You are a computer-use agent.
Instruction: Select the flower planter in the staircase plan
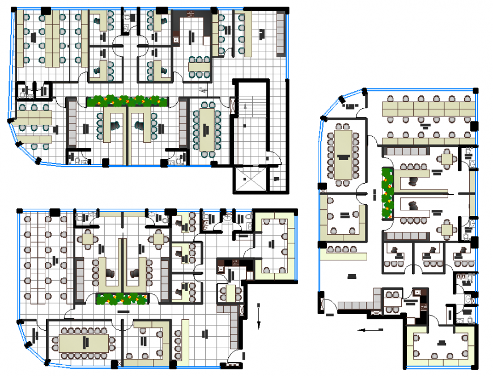(127, 101)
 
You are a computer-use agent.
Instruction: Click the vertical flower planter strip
(388, 193)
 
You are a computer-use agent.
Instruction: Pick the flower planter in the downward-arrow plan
(120, 298)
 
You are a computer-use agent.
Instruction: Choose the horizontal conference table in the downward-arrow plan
(84, 343)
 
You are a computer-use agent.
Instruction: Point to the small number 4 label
(202, 89)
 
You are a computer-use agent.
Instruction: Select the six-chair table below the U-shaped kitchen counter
(199, 66)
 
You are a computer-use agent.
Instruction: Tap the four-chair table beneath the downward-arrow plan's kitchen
(230, 292)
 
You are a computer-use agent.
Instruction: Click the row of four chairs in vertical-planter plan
(339, 249)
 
